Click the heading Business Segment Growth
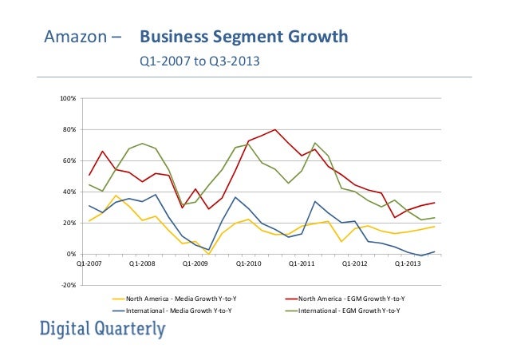(x=244, y=38)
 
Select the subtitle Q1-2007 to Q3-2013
(x=200, y=61)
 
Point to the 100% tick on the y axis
(x=68, y=98)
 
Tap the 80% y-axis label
(x=69, y=129)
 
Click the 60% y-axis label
(x=69, y=160)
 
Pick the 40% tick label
(x=69, y=192)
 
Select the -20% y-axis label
(x=69, y=285)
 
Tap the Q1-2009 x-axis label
(x=195, y=262)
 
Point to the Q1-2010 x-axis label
(x=248, y=262)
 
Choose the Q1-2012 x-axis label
(x=355, y=262)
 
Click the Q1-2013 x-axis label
(x=408, y=262)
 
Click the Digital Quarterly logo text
(x=103, y=328)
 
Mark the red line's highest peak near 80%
(x=275, y=129)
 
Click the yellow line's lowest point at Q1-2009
(x=207, y=254)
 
